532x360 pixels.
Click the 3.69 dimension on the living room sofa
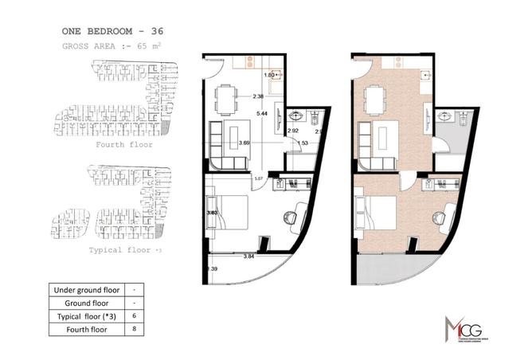point(245,143)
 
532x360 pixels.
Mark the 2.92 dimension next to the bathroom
point(292,130)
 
